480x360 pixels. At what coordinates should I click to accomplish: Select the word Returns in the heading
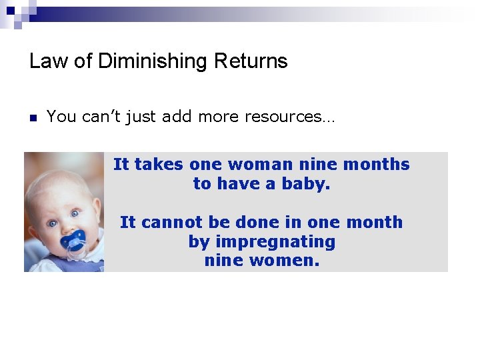[x=251, y=61]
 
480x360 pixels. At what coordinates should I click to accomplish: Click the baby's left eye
[x=75, y=213]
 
